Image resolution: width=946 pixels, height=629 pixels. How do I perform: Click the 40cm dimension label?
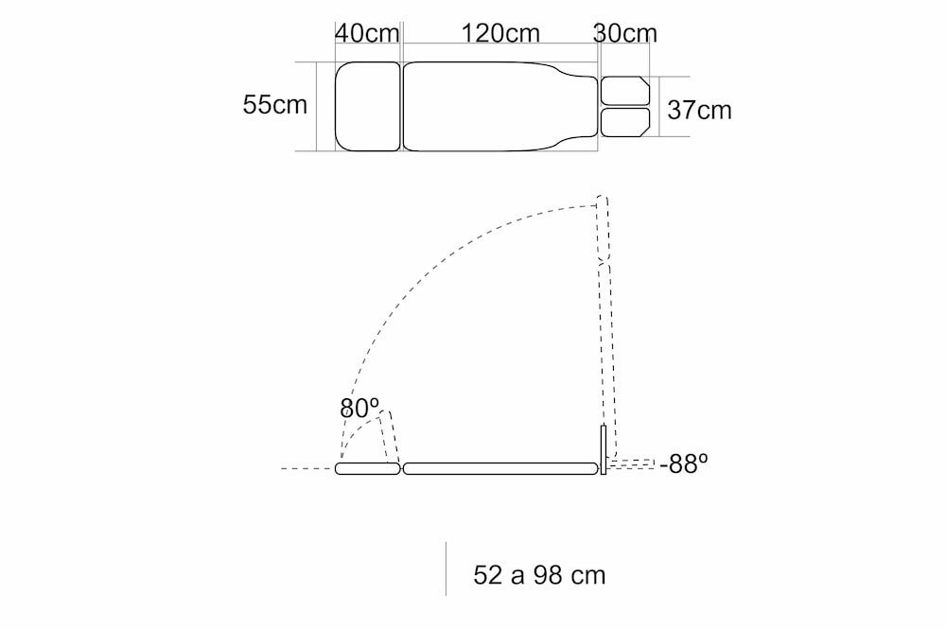point(367,32)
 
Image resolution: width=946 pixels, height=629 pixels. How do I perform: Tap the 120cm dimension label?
point(500,32)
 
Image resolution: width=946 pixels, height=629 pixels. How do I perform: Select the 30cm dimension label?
point(625,32)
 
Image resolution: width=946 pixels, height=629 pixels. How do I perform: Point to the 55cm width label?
point(274,104)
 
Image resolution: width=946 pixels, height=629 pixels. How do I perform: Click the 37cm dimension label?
point(699,110)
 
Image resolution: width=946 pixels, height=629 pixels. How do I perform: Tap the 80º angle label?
point(359,409)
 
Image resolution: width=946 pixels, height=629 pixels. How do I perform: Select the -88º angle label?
point(684,463)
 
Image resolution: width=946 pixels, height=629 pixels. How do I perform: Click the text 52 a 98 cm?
point(539,575)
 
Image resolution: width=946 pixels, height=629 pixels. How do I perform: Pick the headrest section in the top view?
point(367,106)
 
